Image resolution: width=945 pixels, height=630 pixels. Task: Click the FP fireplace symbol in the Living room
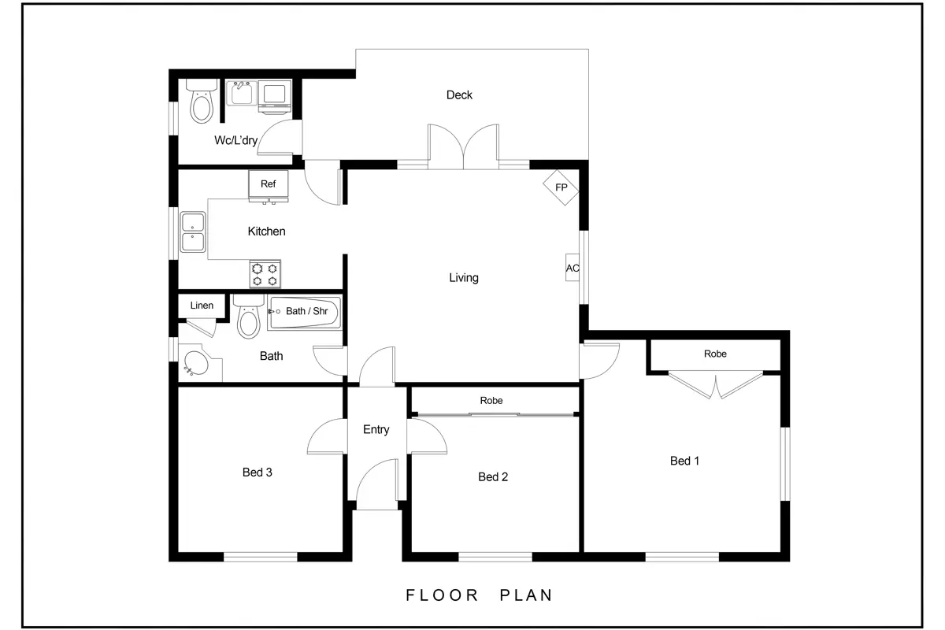coord(561,187)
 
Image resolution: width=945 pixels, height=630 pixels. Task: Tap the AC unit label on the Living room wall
coord(573,268)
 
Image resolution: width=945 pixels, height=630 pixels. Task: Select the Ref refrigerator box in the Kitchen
coord(269,184)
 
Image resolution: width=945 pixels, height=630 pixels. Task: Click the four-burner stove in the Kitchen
coord(265,274)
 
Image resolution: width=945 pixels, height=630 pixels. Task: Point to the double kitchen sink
coord(193,232)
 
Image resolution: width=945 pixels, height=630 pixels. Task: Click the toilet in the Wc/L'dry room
coord(202,102)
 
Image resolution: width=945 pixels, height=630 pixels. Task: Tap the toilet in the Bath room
coord(249,317)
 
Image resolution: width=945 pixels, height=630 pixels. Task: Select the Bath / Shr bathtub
coord(304,313)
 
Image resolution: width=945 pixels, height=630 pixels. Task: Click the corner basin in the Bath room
coord(198,363)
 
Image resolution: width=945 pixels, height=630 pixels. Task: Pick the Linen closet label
coord(202,305)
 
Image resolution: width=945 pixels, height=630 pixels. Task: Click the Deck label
coord(459,95)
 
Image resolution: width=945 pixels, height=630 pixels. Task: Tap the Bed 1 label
coord(684,461)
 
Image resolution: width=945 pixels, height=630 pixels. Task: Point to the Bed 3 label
coord(258,472)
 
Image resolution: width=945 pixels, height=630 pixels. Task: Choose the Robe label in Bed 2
coord(491,401)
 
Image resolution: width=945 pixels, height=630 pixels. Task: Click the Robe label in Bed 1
coord(715,354)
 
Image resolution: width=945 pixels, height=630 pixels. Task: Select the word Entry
coord(376,429)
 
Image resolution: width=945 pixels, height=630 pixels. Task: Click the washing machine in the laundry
coord(275,97)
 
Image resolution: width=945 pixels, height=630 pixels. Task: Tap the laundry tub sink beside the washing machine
coord(242,93)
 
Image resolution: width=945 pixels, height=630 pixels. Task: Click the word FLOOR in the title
coord(442,595)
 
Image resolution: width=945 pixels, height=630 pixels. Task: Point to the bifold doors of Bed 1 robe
coord(716,385)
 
